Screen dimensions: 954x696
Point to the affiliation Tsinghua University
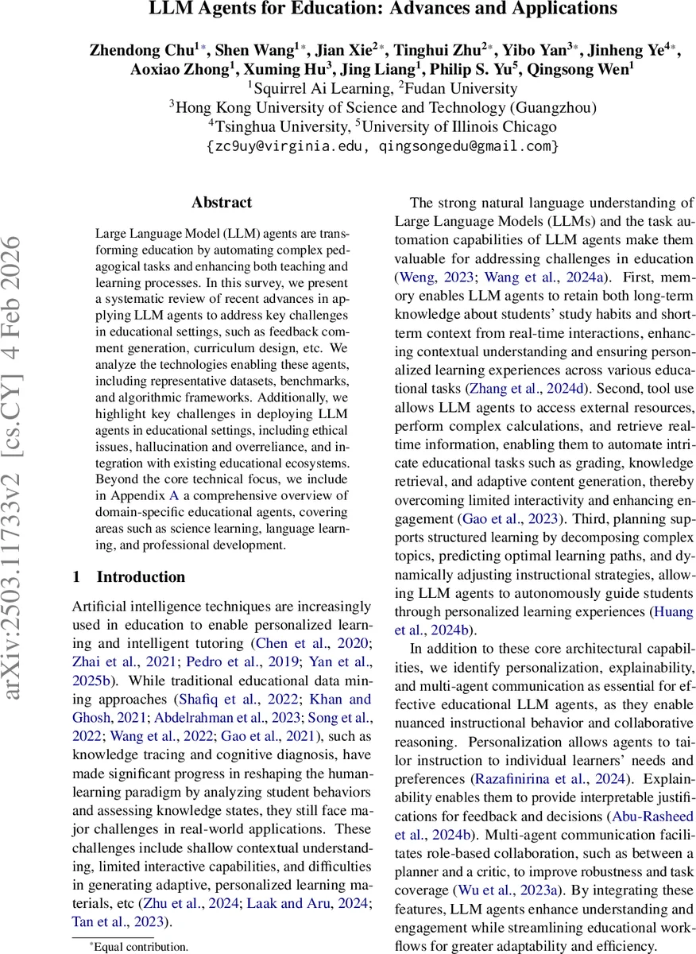[278, 127]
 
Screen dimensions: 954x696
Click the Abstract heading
[222, 203]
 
